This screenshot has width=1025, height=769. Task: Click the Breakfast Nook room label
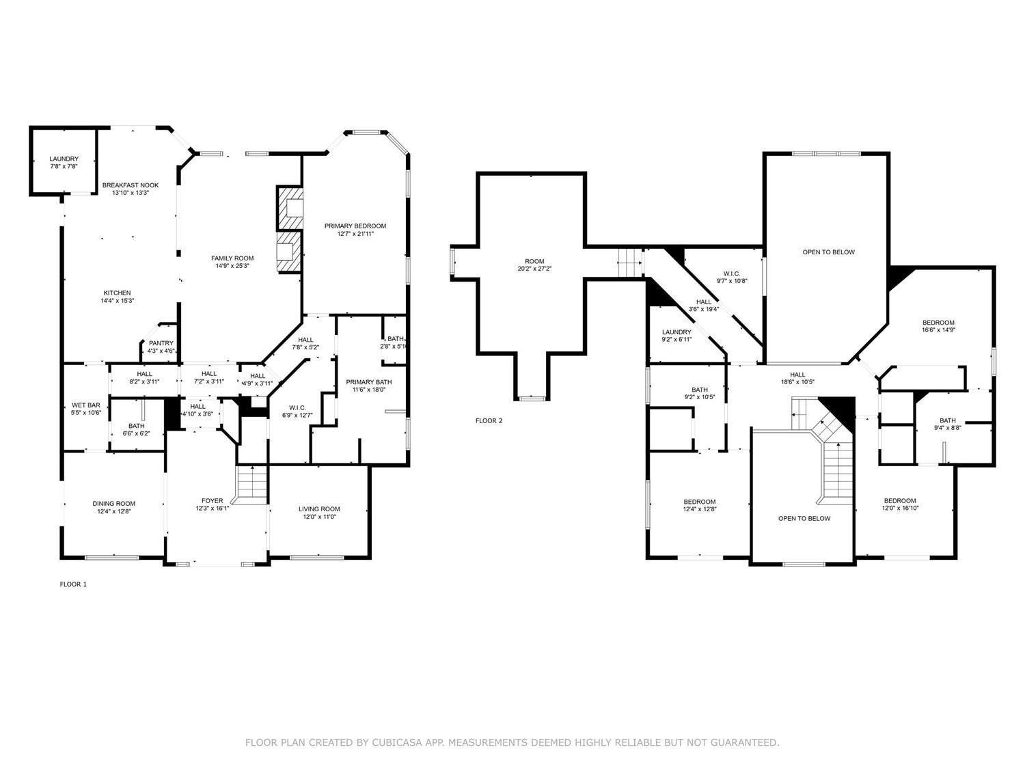131,189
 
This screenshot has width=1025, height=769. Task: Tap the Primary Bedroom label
355,230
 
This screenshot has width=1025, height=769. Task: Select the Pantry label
161,347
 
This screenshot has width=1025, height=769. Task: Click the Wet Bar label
86,409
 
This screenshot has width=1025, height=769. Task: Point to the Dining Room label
114,507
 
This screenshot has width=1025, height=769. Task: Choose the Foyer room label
213,504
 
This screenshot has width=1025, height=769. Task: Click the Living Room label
319,512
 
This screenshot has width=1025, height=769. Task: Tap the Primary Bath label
369,386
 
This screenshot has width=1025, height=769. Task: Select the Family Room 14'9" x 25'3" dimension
232,266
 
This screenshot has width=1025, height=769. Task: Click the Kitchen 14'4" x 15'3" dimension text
118,301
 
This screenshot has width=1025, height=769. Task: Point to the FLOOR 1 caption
73,584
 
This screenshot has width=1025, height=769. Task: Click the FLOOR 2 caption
489,420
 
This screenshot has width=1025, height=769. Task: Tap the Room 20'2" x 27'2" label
534,265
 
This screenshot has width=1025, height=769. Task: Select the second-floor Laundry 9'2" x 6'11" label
676,335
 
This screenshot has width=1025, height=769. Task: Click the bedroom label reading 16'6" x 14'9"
939,326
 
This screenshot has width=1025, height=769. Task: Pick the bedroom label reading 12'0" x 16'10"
901,504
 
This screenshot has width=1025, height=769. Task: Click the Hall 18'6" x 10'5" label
797,378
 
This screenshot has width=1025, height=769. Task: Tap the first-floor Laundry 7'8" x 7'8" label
64,163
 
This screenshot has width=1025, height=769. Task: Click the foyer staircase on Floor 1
252,484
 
